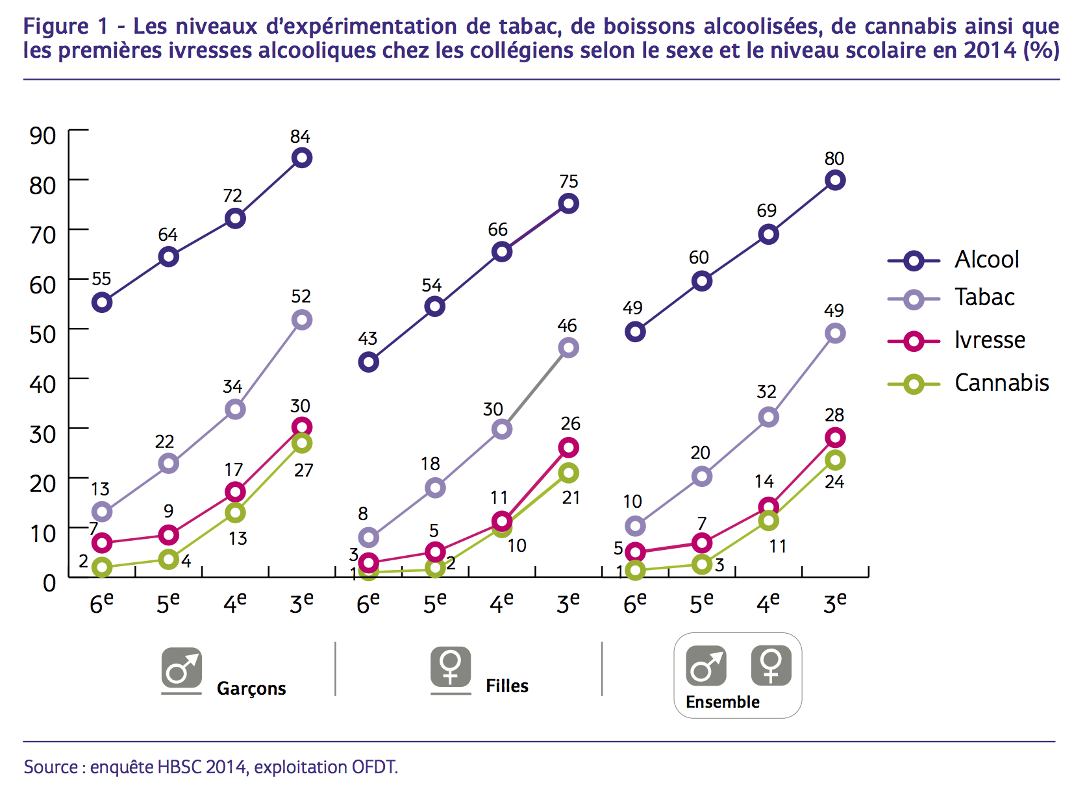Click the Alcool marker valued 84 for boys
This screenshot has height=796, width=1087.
pyautogui.click(x=302, y=158)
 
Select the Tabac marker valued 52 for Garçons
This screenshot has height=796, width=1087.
pyautogui.click(x=302, y=319)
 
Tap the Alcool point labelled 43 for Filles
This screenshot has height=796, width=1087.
pyautogui.click(x=368, y=362)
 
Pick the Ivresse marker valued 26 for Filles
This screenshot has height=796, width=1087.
pyautogui.click(x=569, y=447)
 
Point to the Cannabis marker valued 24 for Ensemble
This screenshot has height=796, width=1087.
pyautogui.click(x=835, y=460)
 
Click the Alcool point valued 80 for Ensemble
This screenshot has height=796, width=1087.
pyautogui.click(x=835, y=180)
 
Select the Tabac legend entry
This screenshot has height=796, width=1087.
pyautogui.click(x=984, y=297)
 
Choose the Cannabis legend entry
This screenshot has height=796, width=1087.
pyautogui.click(x=1001, y=383)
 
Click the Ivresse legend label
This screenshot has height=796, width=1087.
pyautogui.click(x=990, y=340)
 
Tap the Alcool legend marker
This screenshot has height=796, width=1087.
pyautogui.click(x=914, y=261)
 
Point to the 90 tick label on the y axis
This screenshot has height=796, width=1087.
pyautogui.click(x=43, y=136)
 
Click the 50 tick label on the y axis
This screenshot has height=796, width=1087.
pyautogui.click(x=43, y=334)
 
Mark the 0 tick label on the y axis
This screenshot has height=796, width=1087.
pyautogui.click(x=49, y=582)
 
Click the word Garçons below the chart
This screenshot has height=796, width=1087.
pyautogui.click(x=251, y=688)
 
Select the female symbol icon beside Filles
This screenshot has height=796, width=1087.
pyautogui.click(x=451, y=667)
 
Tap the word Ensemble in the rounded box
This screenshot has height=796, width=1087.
pyautogui.click(x=722, y=702)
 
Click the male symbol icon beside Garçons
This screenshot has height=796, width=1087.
pyautogui.click(x=182, y=667)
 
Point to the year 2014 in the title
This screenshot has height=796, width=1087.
pyautogui.click(x=990, y=50)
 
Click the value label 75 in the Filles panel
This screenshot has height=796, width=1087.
pyautogui.click(x=569, y=182)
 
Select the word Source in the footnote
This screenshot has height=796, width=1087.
pyautogui.click(x=51, y=767)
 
